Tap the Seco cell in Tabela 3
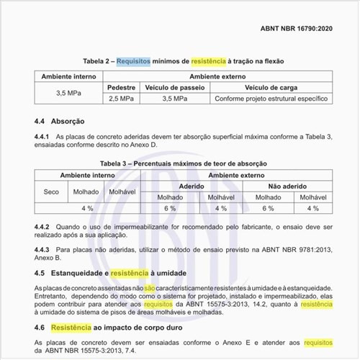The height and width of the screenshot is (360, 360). tap(51, 192)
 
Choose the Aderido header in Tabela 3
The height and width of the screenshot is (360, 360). tap(192, 185)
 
